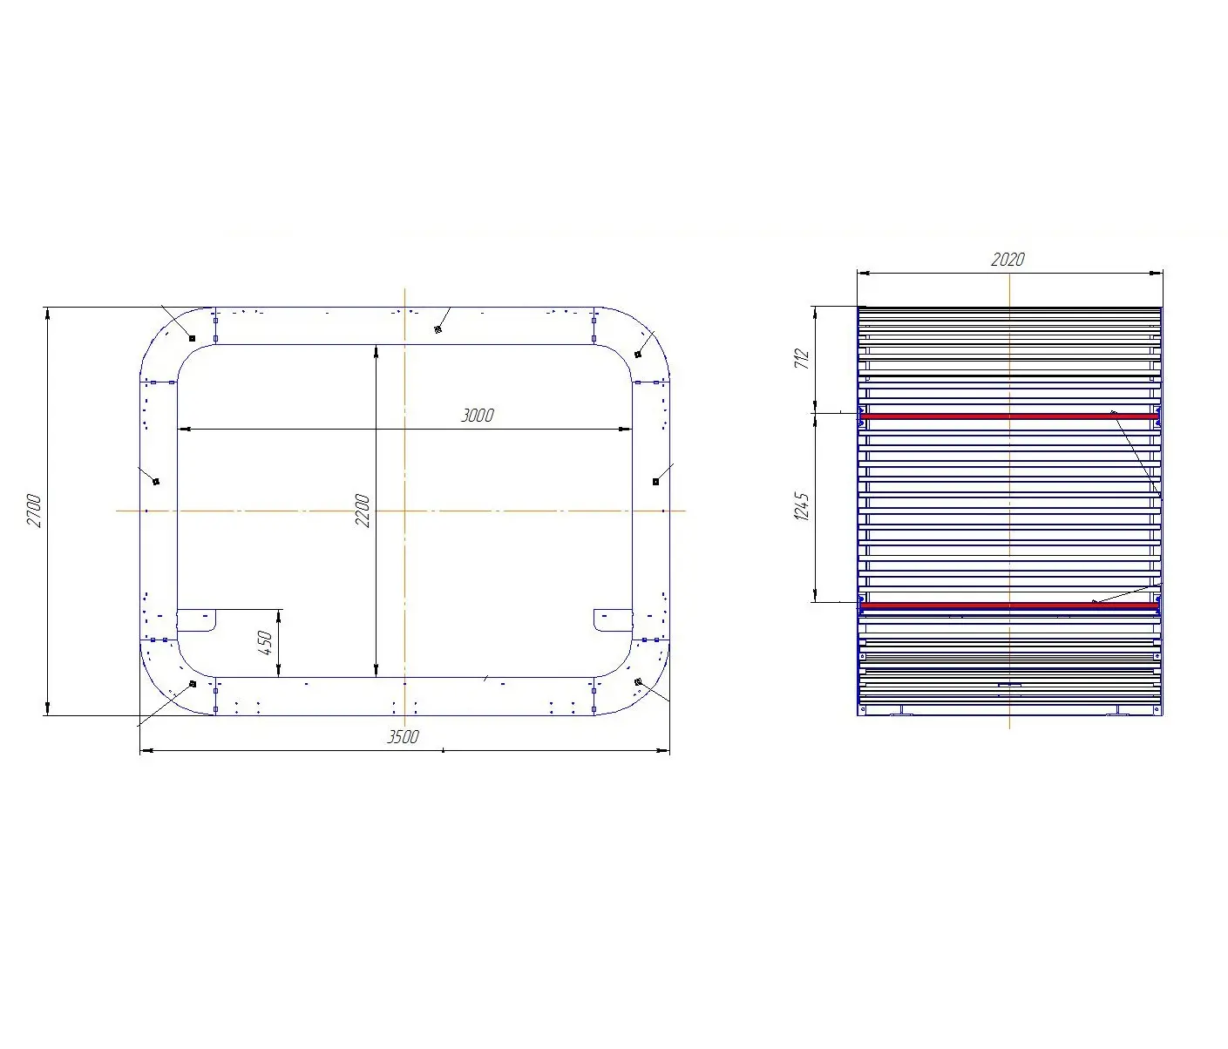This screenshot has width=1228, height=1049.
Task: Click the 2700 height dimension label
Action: [34, 511]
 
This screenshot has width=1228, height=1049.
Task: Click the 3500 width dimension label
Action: [403, 737]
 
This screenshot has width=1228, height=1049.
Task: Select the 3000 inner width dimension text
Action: [477, 416]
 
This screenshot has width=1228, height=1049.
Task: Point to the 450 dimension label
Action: [266, 643]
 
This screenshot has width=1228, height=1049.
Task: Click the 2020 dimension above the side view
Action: [1008, 260]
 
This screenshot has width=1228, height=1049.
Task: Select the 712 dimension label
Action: [803, 358]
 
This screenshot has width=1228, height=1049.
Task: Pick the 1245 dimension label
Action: [803, 506]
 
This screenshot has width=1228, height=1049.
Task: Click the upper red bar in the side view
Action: [1009, 416]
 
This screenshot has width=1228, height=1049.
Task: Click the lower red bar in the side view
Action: [1009, 605]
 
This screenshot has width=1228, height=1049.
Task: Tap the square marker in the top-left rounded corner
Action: [192, 338]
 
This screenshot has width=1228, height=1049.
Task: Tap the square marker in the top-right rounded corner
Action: [638, 354]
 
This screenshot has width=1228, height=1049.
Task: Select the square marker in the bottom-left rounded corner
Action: [192, 684]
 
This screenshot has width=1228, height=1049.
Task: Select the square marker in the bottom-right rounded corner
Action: [638, 681]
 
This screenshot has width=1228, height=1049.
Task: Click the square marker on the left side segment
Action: [156, 481]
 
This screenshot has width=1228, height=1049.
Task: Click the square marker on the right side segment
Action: [655, 481]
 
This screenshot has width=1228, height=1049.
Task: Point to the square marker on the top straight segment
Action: [438, 329]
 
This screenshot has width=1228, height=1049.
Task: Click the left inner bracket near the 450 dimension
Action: [196, 619]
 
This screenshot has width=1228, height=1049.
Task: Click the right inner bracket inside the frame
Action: [612, 619]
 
